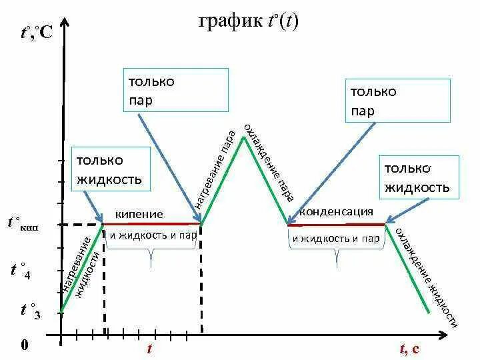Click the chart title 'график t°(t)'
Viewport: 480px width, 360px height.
point(248,21)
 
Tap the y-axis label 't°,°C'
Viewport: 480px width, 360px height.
point(36,32)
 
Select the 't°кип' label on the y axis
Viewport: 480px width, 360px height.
point(23,224)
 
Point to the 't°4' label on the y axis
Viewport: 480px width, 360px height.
point(21,271)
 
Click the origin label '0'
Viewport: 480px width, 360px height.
point(24,345)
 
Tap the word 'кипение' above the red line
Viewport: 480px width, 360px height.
point(139,214)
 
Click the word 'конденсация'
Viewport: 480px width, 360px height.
point(335,212)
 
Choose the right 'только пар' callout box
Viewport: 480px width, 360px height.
point(397,101)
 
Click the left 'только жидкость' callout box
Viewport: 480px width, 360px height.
point(109,169)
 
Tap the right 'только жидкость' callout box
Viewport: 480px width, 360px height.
point(419,177)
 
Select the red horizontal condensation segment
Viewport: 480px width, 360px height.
point(337,225)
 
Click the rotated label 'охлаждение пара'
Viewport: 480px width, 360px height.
point(269,162)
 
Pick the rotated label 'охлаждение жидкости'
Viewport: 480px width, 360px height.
point(426,277)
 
